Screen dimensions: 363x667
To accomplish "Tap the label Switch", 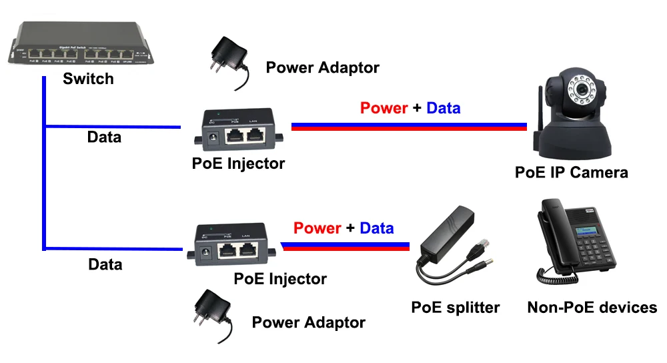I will pyautogui.click(x=88, y=79).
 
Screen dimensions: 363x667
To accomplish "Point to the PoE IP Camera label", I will pyautogui.click(x=571, y=173).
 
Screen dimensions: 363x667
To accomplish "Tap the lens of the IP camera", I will pyautogui.click(x=582, y=89).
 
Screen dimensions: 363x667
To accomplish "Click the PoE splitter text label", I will pyautogui.click(x=455, y=308).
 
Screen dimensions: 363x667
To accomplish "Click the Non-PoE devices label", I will pyautogui.click(x=592, y=308).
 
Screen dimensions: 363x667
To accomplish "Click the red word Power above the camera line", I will pyautogui.click(x=384, y=108).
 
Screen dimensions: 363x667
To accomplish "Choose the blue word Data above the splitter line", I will pyautogui.click(x=376, y=229).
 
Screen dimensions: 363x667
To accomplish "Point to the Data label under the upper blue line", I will pyautogui.click(x=105, y=137).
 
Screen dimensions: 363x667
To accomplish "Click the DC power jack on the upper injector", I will pyautogui.click(x=211, y=138).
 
